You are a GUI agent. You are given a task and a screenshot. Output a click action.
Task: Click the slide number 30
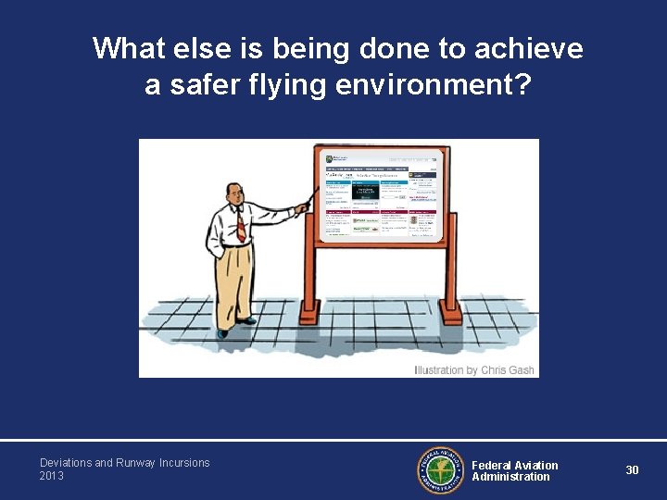(x=632, y=470)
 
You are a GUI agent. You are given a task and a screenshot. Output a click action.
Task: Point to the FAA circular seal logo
(x=442, y=470)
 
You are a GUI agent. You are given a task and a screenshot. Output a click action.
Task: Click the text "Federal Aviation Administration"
(x=514, y=471)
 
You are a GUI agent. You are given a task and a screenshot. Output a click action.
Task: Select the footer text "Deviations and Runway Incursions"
(x=124, y=463)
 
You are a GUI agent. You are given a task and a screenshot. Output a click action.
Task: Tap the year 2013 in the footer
(x=52, y=476)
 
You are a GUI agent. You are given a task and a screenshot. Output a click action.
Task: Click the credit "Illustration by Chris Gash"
(x=474, y=370)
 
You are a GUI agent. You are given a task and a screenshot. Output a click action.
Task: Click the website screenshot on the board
(x=380, y=194)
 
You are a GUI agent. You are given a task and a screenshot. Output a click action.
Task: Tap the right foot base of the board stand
(x=451, y=317)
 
